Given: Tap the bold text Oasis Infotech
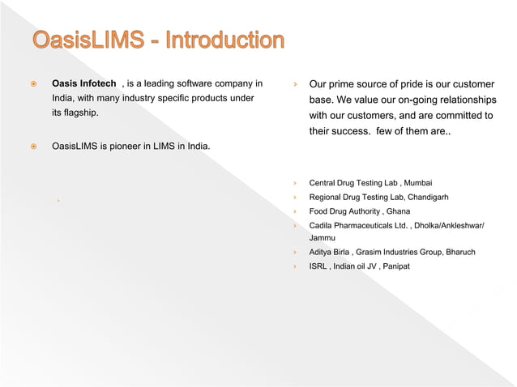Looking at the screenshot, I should (83, 83).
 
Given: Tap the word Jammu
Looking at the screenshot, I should (322, 238).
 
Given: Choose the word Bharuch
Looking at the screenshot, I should (458, 252).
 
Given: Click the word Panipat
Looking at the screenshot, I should (392, 266).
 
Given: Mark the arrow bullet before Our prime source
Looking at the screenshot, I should (297, 84).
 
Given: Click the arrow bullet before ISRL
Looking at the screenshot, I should (297, 266).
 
